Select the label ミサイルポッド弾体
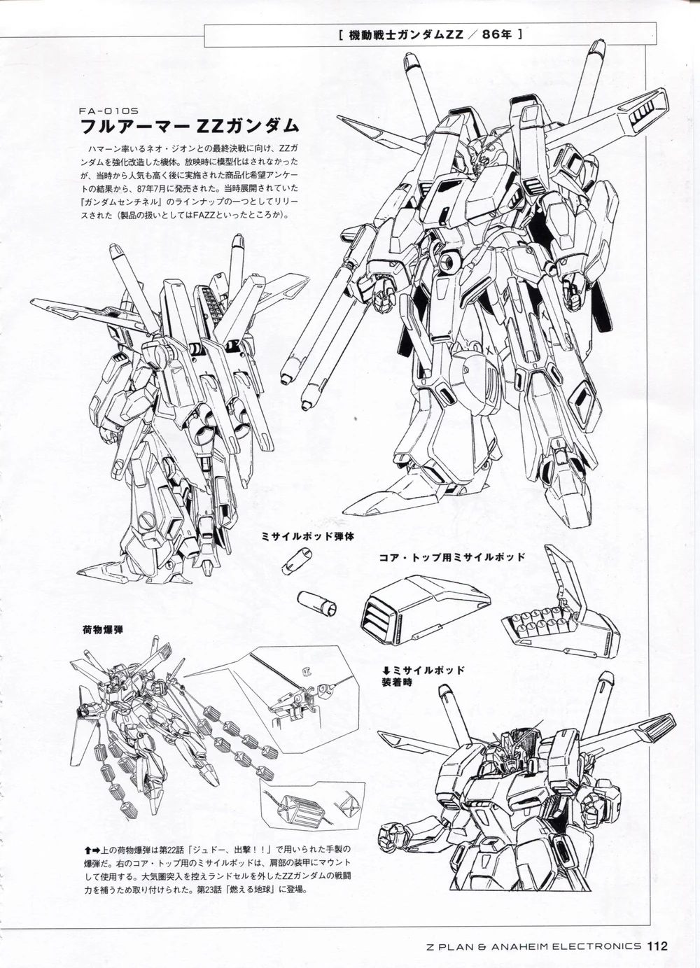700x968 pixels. click(x=308, y=537)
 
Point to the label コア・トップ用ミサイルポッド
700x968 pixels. click(x=452, y=557)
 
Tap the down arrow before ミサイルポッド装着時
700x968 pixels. click(x=386, y=671)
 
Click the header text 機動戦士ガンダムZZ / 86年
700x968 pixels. click(x=430, y=34)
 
